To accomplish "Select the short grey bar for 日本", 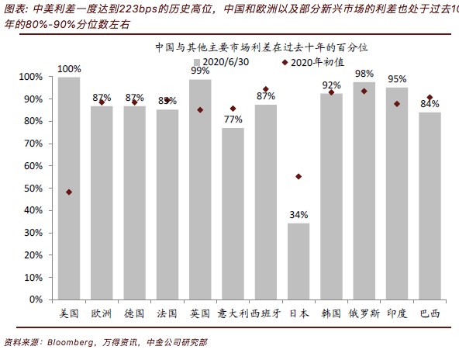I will tap(299, 261).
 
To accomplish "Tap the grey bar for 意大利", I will tap(233, 213).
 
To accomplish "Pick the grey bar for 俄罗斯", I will tap(364, 190).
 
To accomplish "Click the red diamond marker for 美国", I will tap(69, 192).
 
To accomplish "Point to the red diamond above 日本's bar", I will tap(299, 176).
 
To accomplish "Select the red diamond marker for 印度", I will tap(397, 104).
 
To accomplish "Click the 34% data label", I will tap(299, 215).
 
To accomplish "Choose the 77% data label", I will tap(233, 119).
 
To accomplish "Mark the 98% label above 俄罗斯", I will tap(364, 74).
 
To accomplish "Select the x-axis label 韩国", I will tap(331, 313).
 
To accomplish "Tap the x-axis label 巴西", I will tap(430, 313).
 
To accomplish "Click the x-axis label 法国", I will tap(167, 313).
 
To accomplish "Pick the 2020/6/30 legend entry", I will tap(224, 61).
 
